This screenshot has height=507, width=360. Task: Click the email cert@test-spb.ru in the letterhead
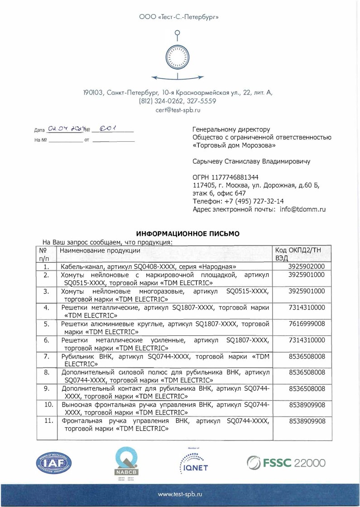[180, 110]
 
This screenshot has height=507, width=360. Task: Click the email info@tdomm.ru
[303, 210]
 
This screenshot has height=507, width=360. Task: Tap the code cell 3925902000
[307, 267]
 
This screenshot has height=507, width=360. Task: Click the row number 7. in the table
[46, 356]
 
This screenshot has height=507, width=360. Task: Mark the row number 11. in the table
[46, 421]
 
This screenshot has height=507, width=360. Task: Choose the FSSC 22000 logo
[286, 463]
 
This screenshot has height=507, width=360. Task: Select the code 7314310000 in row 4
[307, 308]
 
